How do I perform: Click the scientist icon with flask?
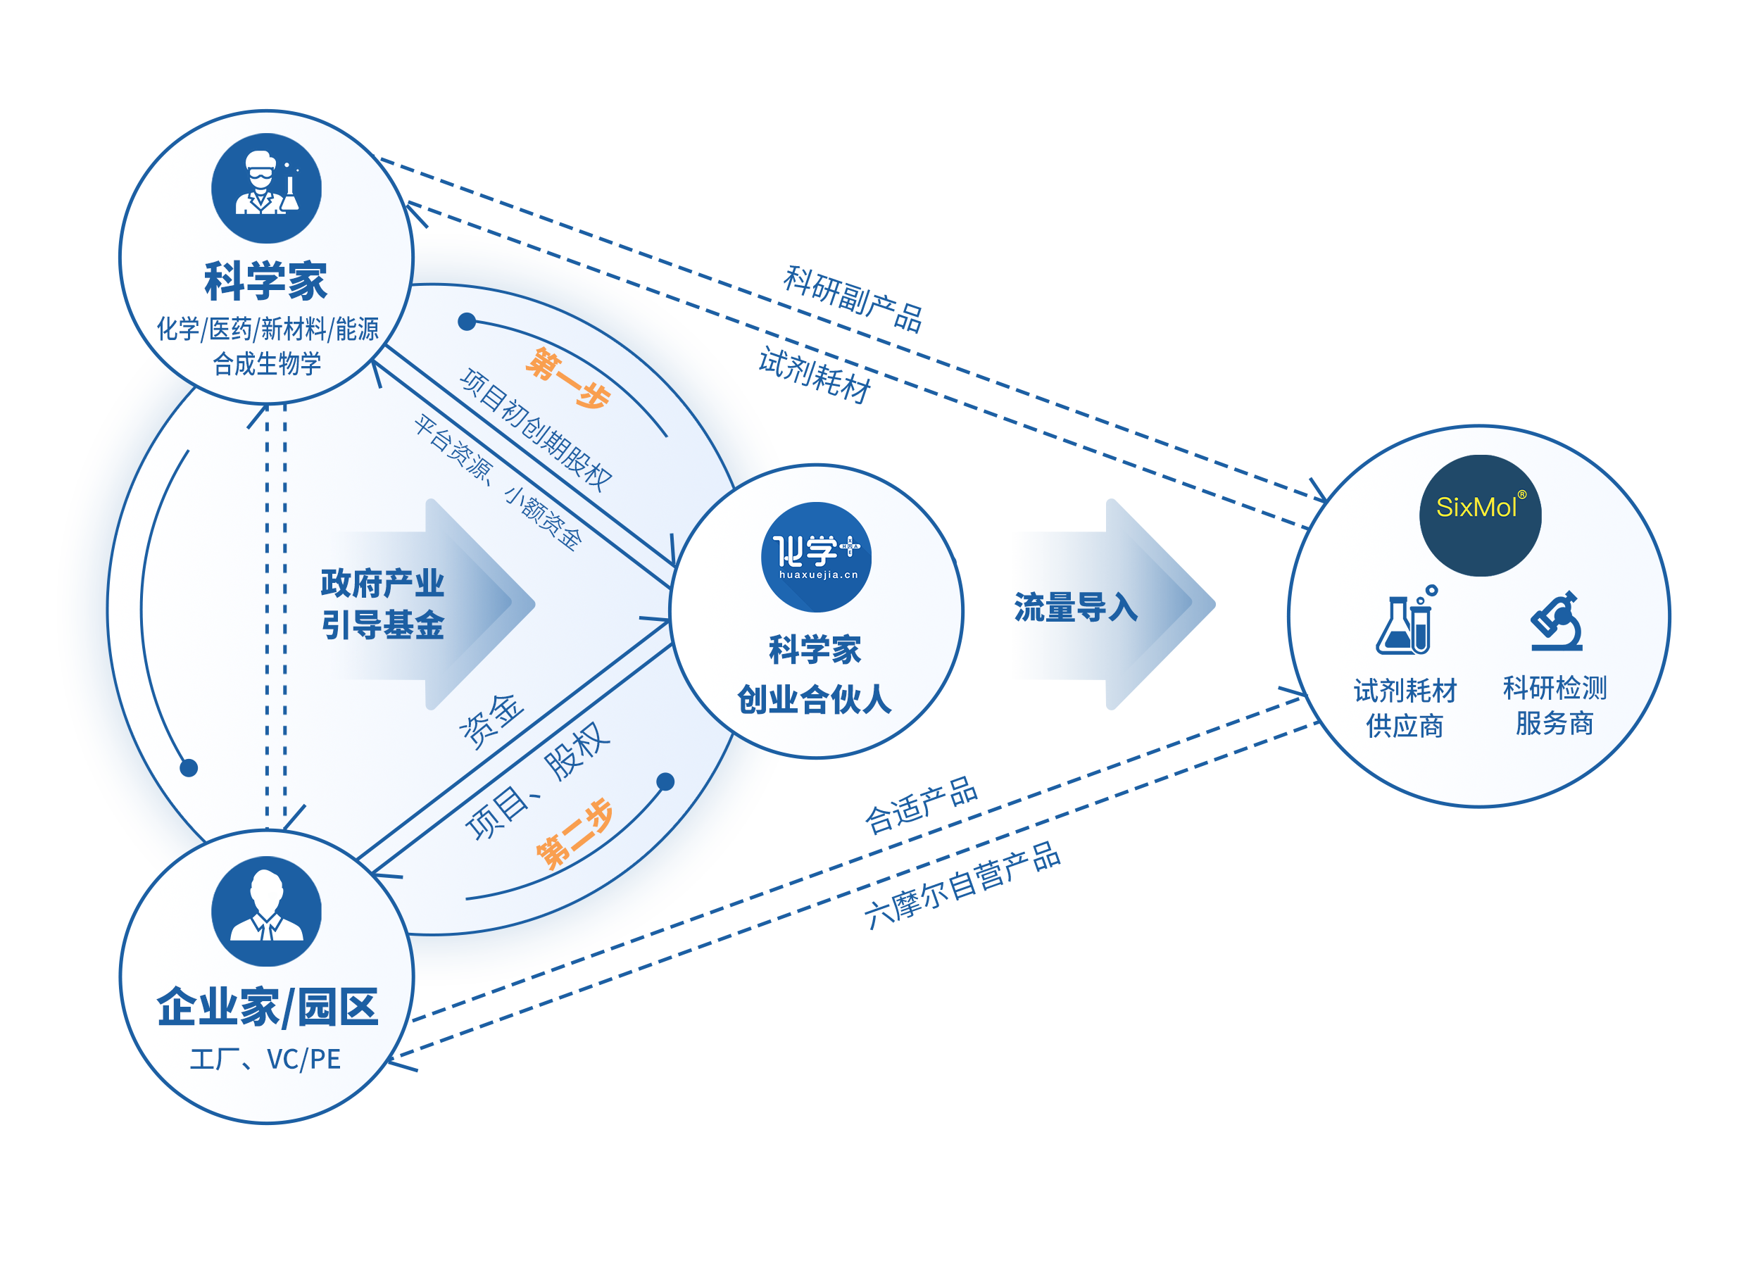[x=266, y=187]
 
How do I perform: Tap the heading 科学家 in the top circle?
[x=265, y=281]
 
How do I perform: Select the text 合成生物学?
[x=266, y=363]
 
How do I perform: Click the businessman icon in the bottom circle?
[x=266, y=912]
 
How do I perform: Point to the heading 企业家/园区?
[x=267, y=1007]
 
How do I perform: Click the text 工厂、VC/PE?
[x=265, y=1060]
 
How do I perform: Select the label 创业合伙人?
[x=815, y=699]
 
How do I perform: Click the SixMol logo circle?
[x=1480, y=515]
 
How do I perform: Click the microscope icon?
[x=1556, y=621]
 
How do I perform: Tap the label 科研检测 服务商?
[x=1554, y=705]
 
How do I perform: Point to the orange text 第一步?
[x=567, y=377]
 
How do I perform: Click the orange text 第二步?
[x=574, y=834]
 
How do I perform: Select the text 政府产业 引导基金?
[x=382, y=603]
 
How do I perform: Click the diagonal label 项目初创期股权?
[x=536, y=429]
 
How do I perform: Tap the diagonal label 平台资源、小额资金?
[x=497, y=481]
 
